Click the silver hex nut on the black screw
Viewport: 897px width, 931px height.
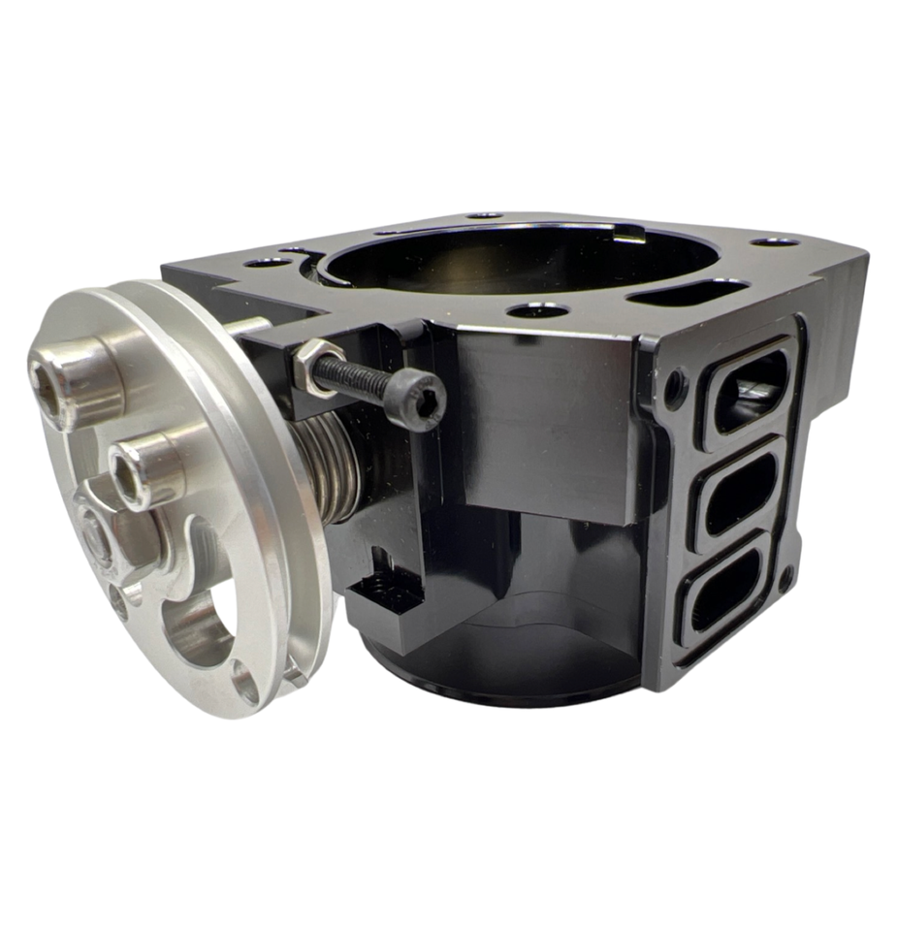click(319, 365)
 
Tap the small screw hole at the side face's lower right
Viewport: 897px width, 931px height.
click(785, 579)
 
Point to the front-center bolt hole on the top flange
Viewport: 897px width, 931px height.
click(538, 310)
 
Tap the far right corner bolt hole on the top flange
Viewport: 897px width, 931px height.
click(775, 241)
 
